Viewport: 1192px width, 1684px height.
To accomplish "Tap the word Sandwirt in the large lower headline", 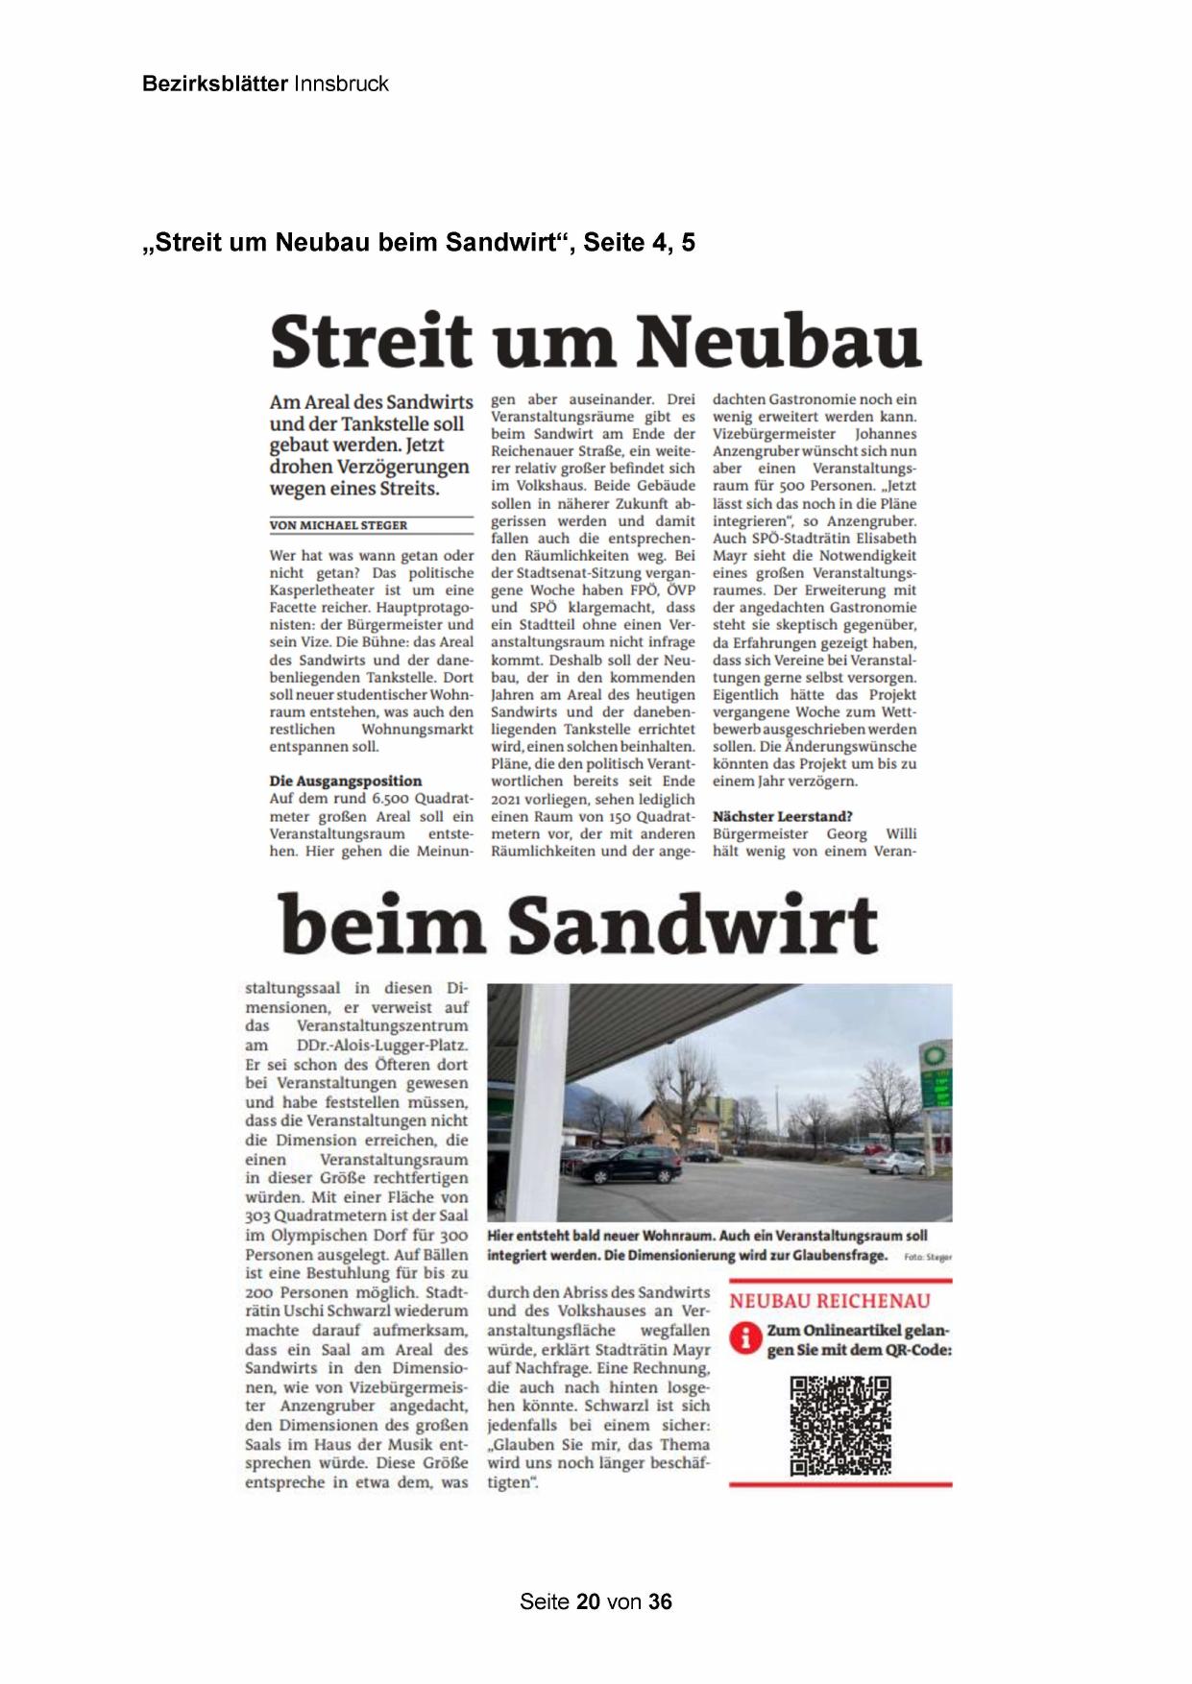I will coord(692,924).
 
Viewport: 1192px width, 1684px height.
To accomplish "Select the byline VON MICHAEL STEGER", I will coord(338,525).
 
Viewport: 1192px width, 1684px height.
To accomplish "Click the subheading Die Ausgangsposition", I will coord(345,781).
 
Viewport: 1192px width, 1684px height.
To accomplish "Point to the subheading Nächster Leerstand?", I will coord(782,816).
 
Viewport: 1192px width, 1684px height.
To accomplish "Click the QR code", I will coord(840,1426).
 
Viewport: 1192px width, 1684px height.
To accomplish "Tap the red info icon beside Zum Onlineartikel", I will coord(744,1338).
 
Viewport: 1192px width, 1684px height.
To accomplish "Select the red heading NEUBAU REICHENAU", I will coord(830,1301).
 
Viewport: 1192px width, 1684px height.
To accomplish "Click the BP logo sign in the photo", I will coord(932,1056).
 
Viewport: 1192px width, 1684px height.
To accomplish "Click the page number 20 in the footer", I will coord(589,1601).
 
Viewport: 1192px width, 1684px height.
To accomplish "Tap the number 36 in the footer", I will coord(660,1601).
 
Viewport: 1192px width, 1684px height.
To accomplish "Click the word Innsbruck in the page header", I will coord(341,84).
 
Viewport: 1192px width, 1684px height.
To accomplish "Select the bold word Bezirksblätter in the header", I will coord(214,84).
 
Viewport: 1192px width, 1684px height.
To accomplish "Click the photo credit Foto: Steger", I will coord(928,1257).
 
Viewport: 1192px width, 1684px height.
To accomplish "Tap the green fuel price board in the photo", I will coord(936,1090).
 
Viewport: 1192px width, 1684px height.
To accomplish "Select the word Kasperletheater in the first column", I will coord(322,590).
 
